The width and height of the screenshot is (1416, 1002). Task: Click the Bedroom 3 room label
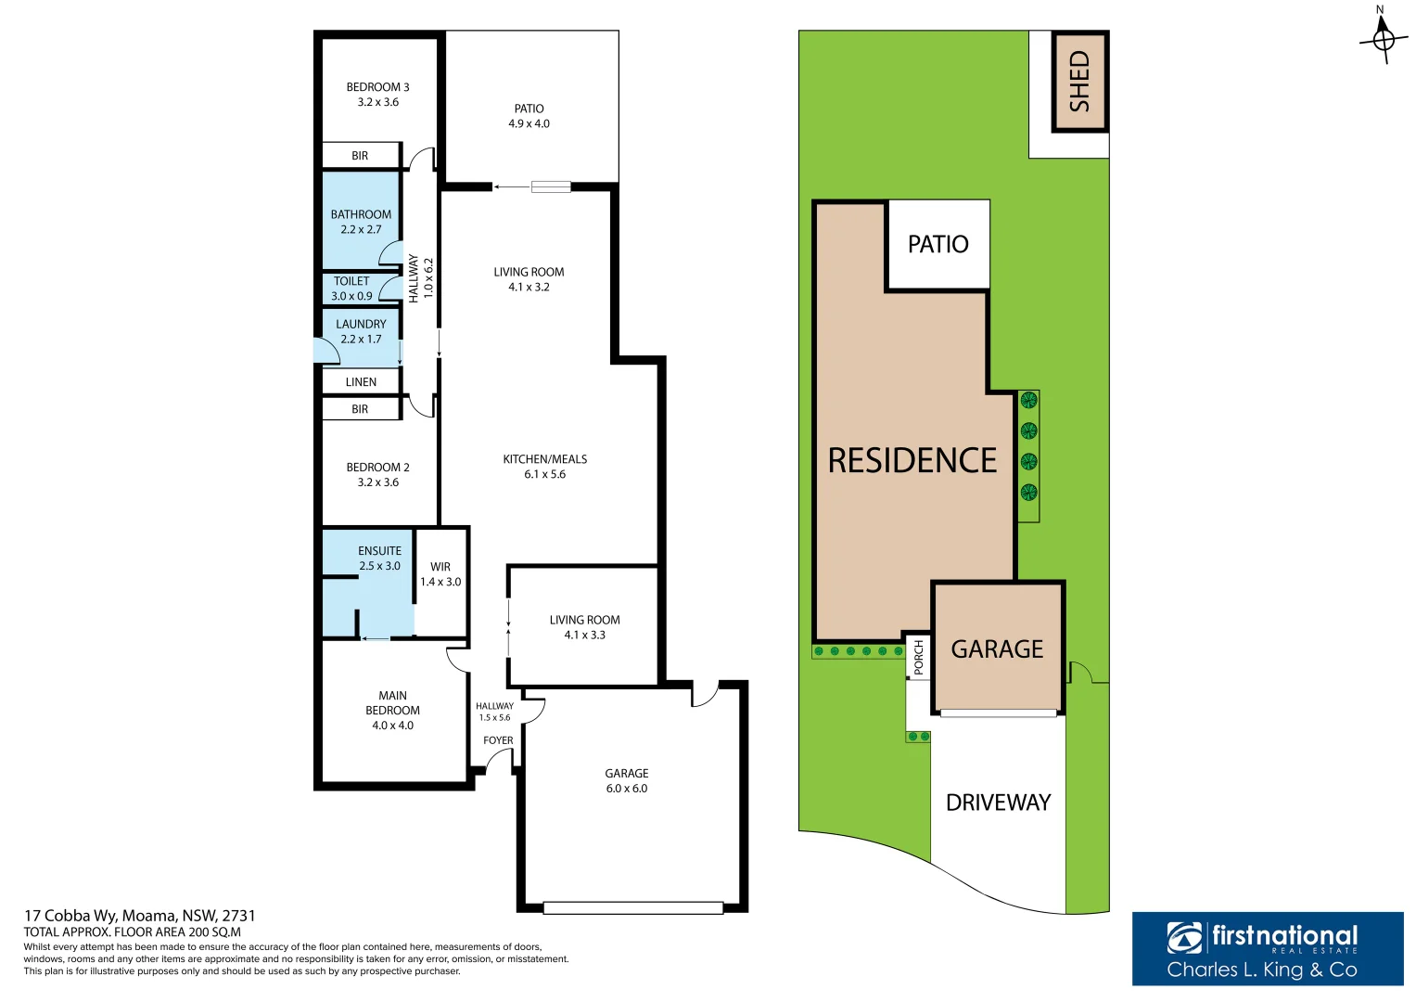[377, 95]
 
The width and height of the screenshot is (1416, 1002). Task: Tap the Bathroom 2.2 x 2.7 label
[361, 222]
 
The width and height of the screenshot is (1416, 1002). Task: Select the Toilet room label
[351, 289]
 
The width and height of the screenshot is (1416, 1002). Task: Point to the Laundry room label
[361, 331]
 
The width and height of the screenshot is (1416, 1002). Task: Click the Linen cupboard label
[361, 382]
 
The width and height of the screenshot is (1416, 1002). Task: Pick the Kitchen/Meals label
[544, 467]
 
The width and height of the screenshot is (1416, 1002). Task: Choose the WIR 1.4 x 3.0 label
[440, 574]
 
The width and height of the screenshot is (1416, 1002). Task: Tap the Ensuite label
[379, 559]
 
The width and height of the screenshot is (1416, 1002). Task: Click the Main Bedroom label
[392, 711]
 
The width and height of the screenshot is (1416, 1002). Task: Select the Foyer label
[498, 740]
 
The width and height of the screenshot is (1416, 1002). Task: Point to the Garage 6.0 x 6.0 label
[627, 781]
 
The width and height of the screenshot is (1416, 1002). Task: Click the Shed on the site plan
[1079, 82]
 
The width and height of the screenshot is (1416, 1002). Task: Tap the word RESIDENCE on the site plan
[912, 461]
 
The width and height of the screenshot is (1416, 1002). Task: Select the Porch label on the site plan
[919, 657]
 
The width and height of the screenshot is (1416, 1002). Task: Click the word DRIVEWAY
[998, 803]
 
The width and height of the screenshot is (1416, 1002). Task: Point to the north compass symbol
[1383, 38]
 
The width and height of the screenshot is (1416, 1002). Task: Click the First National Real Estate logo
[1267, 948]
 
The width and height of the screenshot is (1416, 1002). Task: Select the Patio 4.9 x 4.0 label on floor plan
[529, 116]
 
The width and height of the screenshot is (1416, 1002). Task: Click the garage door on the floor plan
[633, 908]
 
